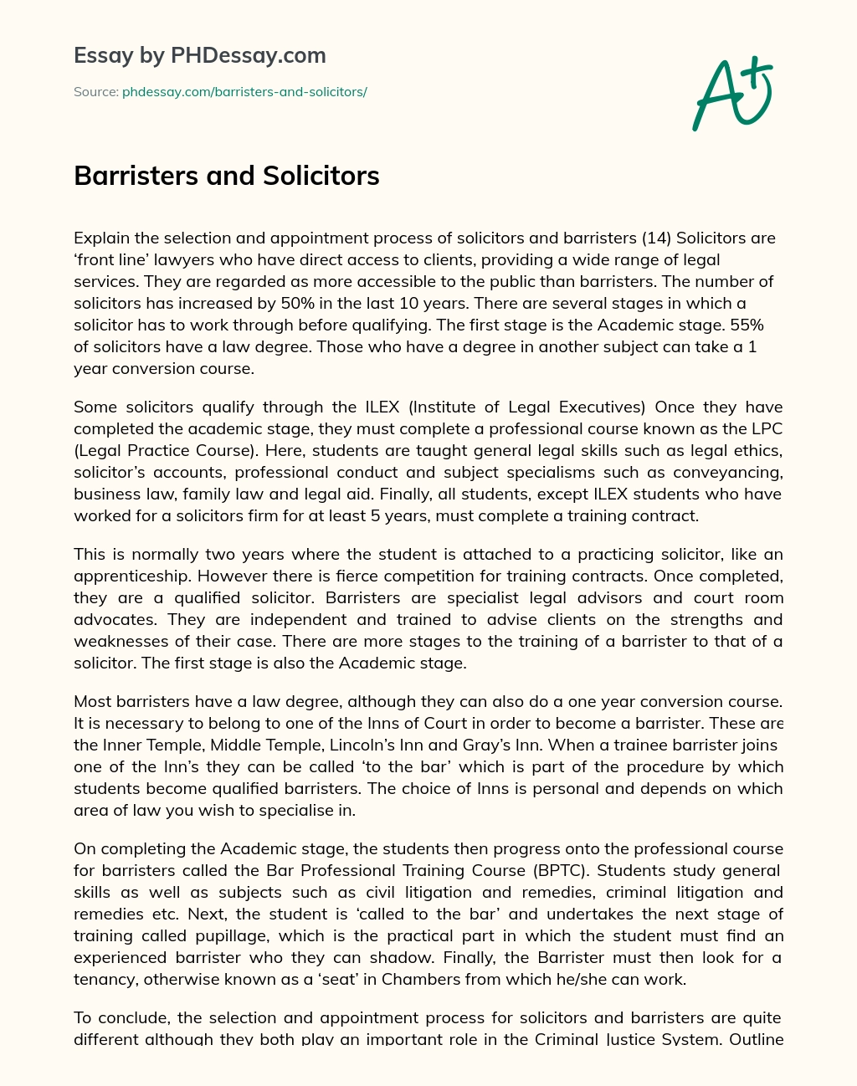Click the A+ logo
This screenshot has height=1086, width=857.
(731, 93)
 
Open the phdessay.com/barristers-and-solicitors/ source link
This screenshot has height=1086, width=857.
(244, 92)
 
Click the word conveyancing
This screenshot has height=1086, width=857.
(727, 473)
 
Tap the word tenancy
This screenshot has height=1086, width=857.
(103, 979)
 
